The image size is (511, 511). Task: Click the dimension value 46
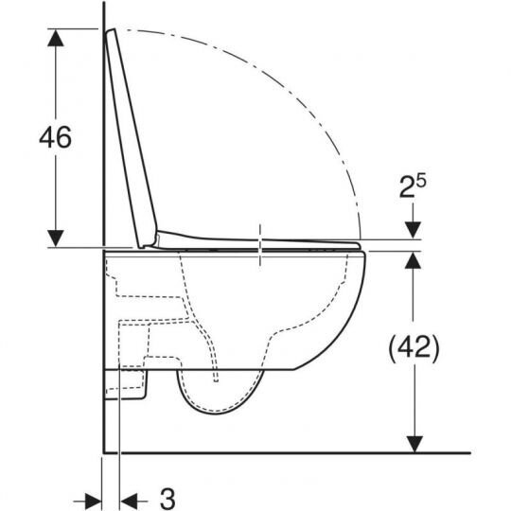coord(55,137)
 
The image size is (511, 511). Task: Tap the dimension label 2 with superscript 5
coord(414,187)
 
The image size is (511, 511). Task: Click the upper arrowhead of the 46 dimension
coord(57,38)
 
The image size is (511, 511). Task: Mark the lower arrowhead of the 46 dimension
coord(57,238)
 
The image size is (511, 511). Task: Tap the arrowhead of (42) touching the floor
coord(414,442)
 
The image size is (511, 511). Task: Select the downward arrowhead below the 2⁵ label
coord(414,231)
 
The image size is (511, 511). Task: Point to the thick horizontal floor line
coord(284,452)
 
